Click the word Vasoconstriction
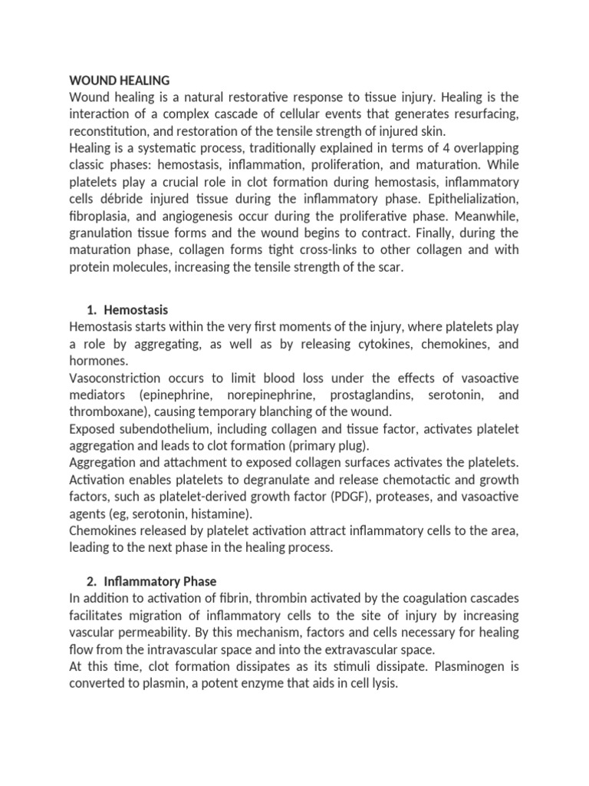click(x=115, y=378)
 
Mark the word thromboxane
click(x=103, y=411)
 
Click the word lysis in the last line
click(x=383, y=683)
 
